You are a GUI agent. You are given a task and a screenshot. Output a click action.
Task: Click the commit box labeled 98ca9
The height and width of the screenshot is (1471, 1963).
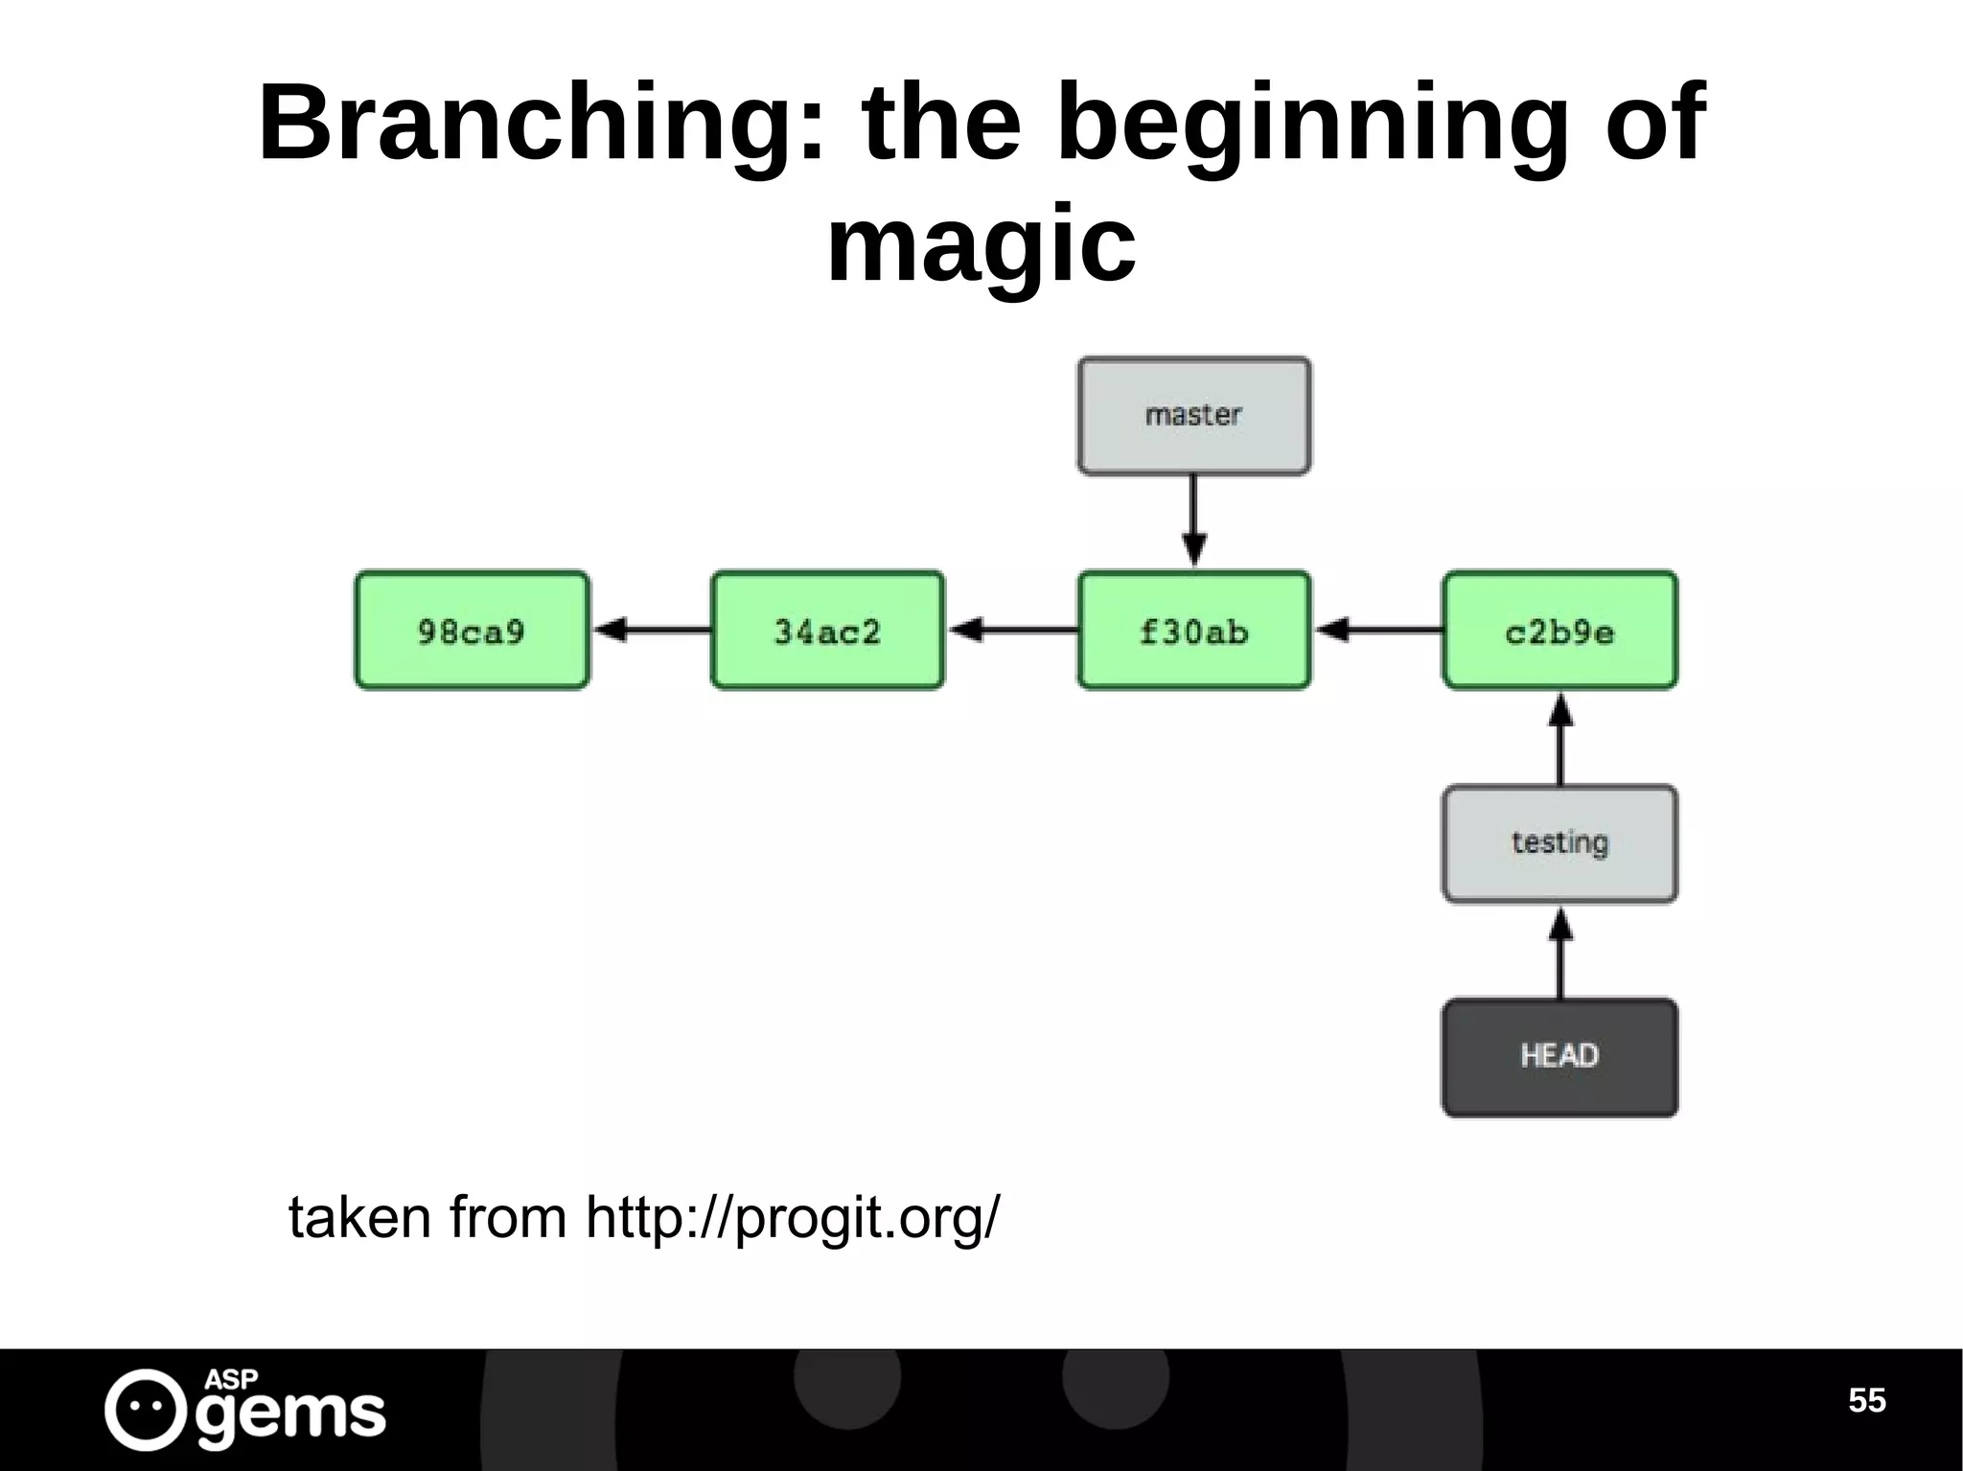(x=472, y=631)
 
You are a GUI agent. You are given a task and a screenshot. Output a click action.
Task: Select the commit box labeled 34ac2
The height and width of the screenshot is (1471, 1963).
(x=827, y=631)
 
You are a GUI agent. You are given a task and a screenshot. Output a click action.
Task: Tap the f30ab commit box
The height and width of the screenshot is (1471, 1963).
(x=1193, y=631)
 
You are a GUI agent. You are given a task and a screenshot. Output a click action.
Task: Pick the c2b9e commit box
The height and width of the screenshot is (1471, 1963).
(x=1559, y=631)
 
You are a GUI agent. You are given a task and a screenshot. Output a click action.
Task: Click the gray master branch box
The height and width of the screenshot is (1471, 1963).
(x=1193, y=416)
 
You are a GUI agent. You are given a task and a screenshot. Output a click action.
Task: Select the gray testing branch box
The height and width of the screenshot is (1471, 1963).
(x=1559, y=844)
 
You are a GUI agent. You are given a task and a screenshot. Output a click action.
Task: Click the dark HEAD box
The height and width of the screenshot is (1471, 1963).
(x=1559, y=1057)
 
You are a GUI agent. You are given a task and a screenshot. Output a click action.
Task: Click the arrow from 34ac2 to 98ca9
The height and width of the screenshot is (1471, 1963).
(x=652, y=631)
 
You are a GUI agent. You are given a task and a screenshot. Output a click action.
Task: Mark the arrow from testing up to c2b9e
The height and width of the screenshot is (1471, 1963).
(x=1560, y=739)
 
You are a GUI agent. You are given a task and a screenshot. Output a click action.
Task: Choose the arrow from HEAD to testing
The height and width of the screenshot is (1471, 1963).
(x=1560, y=953)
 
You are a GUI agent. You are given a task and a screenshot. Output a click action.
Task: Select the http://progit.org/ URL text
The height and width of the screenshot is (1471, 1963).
(x=792, y=1219)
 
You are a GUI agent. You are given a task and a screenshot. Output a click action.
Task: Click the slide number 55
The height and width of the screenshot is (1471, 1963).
(x=1866, y=1400)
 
